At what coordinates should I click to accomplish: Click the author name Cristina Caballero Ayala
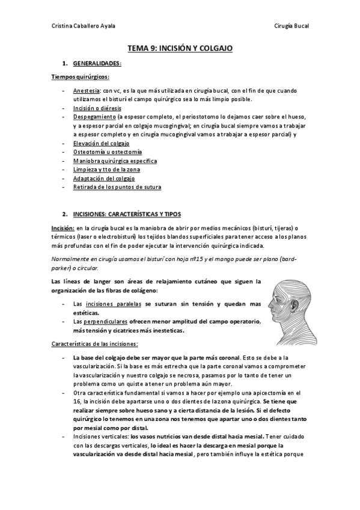pyautogui.click(x=84, y=26)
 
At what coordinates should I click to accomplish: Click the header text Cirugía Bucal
pyautogui.click(x=291, y=26)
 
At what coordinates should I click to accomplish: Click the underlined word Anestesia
pyautogui.click(x=87, y=90)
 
